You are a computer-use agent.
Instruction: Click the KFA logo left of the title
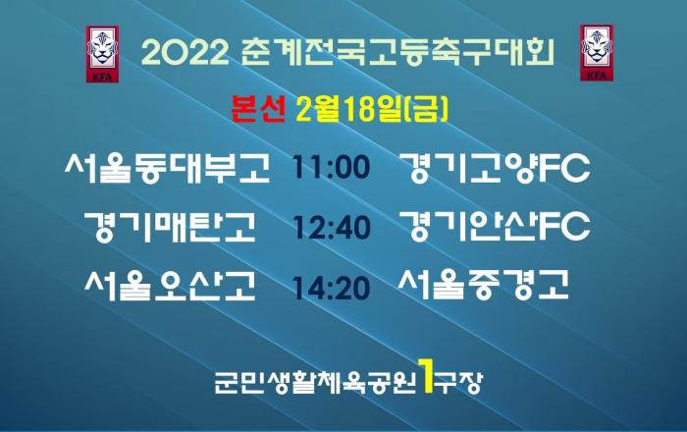point(102,54)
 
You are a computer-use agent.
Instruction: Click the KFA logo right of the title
point(597,53)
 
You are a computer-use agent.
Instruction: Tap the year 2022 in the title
point(185,53)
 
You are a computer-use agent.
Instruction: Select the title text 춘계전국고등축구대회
point(397,53)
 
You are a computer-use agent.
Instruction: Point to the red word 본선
point(258,109)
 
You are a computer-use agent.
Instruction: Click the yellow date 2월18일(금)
point(372,109)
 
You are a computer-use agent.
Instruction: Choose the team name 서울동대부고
point(168,167)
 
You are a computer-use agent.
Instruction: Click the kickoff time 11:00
point(332,167)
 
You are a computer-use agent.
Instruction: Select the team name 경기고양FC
point(495,168)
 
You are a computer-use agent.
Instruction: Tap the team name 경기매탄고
point(170,227)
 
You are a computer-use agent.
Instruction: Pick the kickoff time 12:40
point(332,227)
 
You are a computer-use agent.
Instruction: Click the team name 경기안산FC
point(495,227)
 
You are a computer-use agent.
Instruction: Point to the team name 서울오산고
point(170,286)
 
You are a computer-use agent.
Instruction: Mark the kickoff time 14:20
point(332,288)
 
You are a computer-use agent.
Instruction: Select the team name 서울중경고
point(484,285)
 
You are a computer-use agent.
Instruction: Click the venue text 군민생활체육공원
point(315,383)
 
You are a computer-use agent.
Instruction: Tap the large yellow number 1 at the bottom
point(426,375)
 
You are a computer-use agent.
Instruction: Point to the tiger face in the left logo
point(102,49)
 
